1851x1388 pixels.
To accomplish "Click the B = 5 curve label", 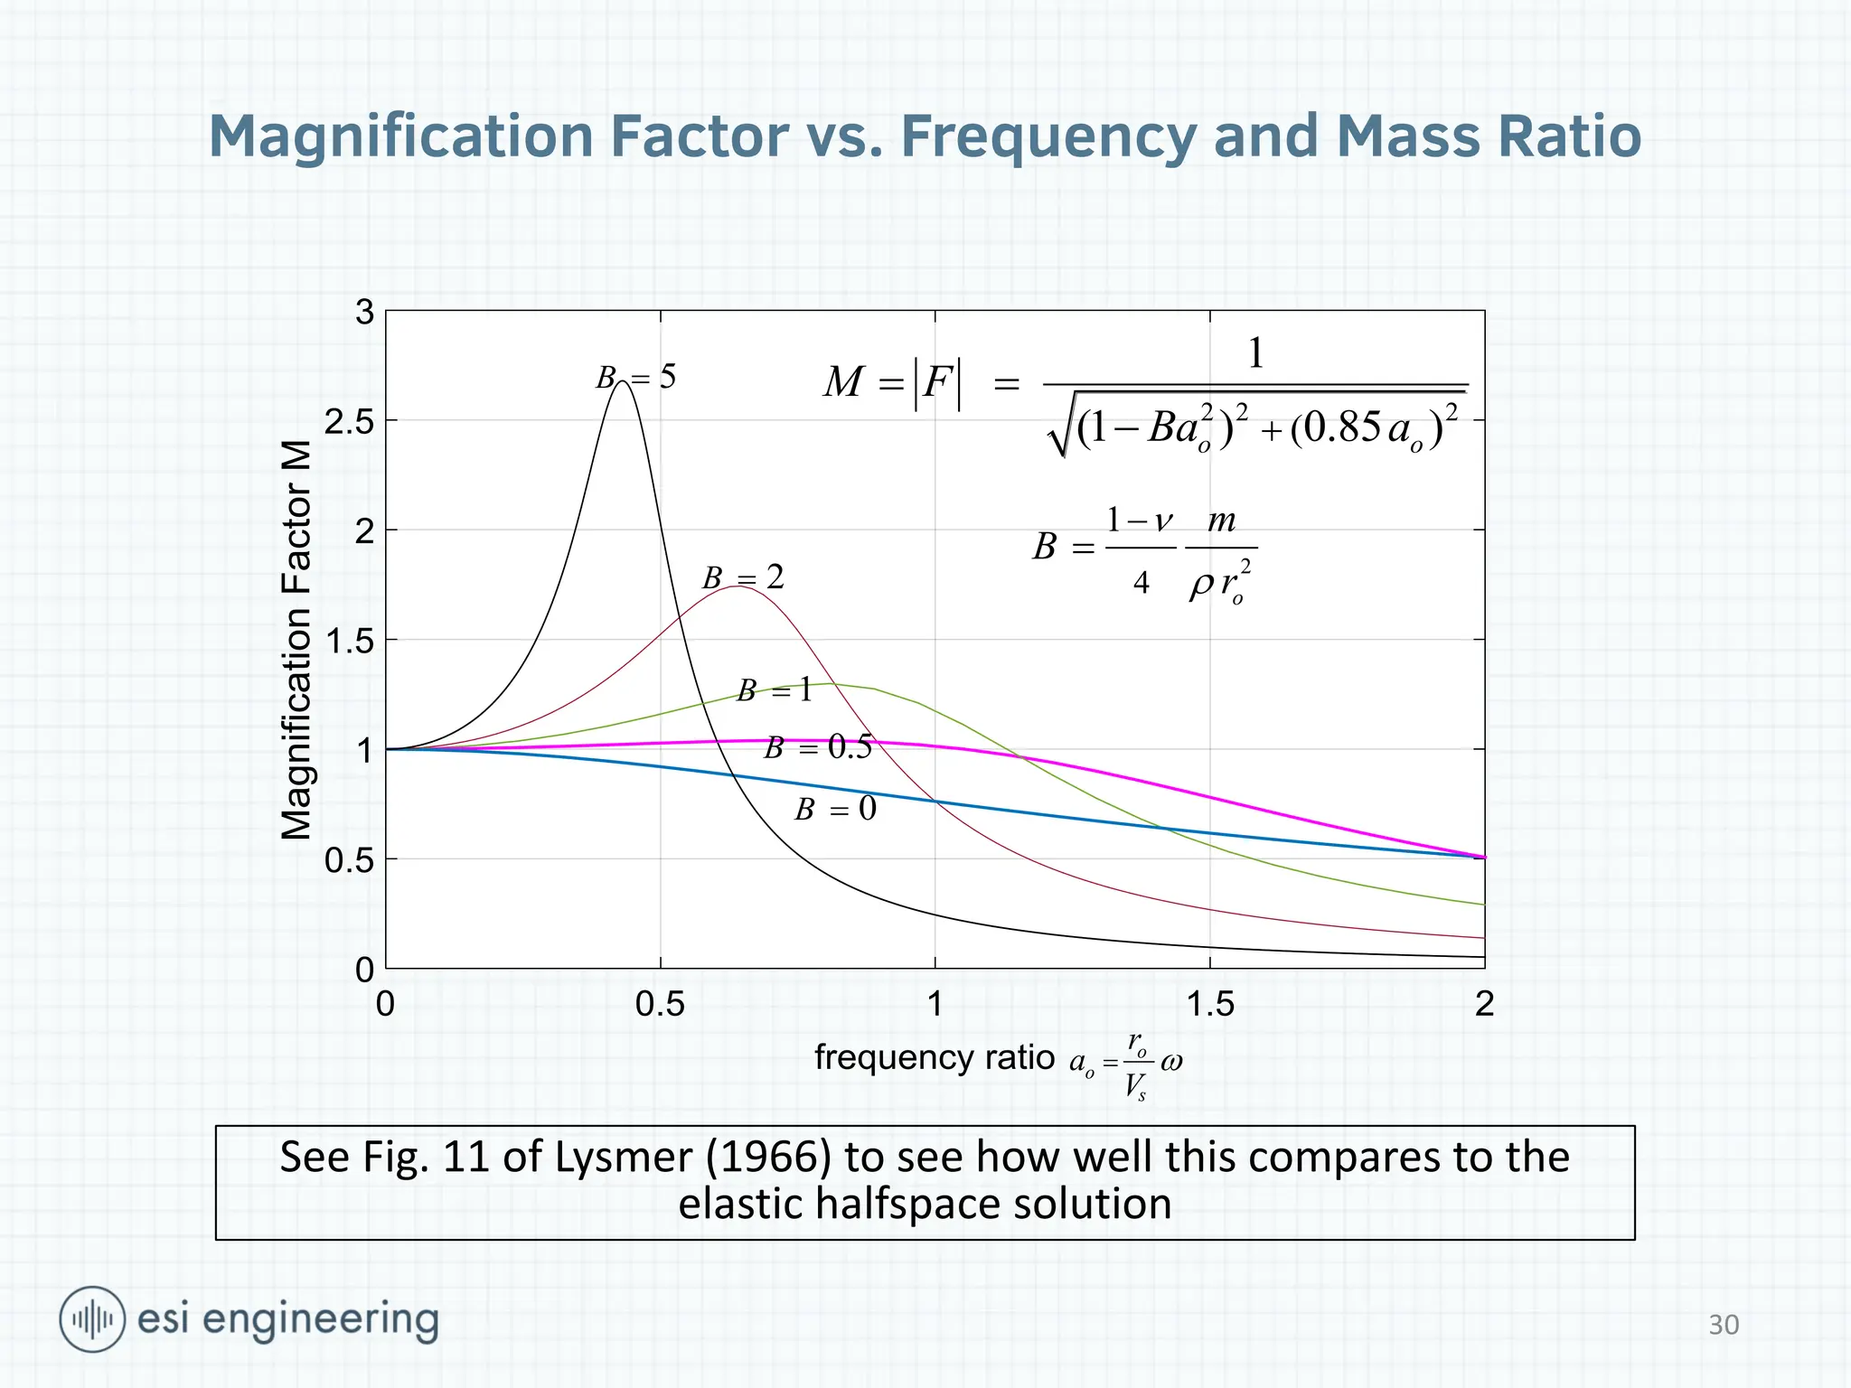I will click(x=635, y=377).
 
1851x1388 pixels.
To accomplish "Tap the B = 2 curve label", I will click(x=743, y=577).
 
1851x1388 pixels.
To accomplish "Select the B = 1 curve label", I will click(x=775, y=691).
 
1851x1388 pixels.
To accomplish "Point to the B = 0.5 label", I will click(x=818, y=747).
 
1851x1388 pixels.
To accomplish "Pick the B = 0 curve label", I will click(x=835, y=809).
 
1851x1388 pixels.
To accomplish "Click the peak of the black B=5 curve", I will click(x=623, y=382).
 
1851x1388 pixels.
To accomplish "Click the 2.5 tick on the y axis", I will click(x=349, y=422).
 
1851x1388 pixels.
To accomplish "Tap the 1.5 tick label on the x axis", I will click(x=1209, y=1004).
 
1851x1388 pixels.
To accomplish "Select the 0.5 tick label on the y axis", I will click(x=349, y=860).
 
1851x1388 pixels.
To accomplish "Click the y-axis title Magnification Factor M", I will click(x=296, y=640).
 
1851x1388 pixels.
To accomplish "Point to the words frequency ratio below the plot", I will click(x=934, y=1057).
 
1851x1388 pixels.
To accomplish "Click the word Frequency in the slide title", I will click(x=1048, y=136).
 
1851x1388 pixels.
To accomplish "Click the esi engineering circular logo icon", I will click(x=92, y=1319).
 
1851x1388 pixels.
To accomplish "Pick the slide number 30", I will click(x=1723, y=1325).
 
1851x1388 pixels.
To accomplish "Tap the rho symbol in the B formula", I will click(x=1201, y=586).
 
